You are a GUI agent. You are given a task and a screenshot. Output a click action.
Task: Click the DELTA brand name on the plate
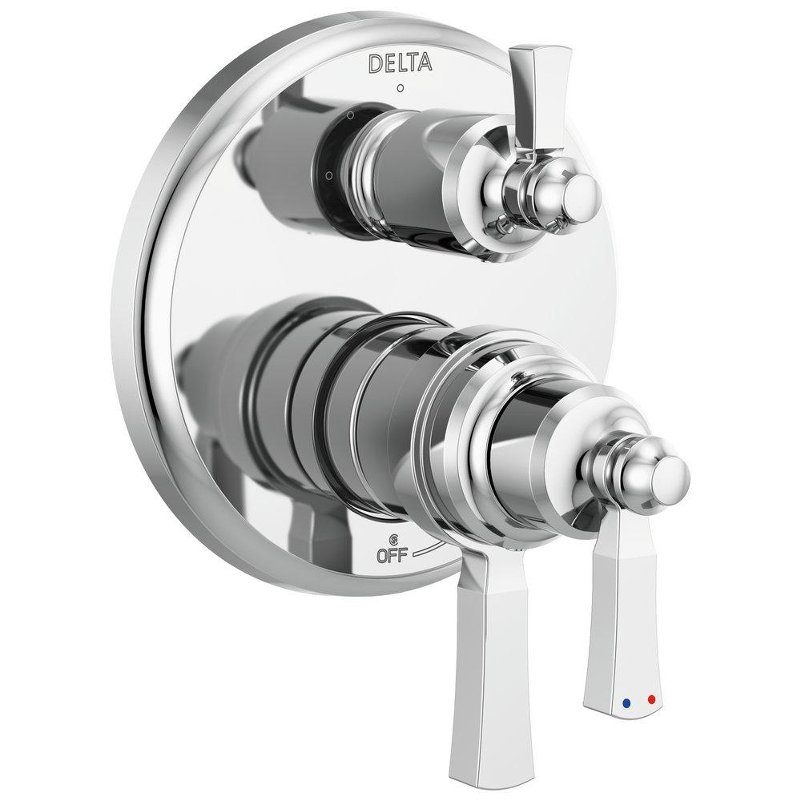[x=400, y=63]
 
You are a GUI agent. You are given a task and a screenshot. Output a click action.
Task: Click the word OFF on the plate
[x=392, y=556]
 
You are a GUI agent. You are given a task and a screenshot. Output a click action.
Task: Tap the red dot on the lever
[x=650, y=699]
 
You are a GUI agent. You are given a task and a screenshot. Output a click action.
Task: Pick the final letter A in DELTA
[x=425, y=62]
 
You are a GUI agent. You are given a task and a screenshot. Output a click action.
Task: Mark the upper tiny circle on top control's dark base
[x=350, y=117]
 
